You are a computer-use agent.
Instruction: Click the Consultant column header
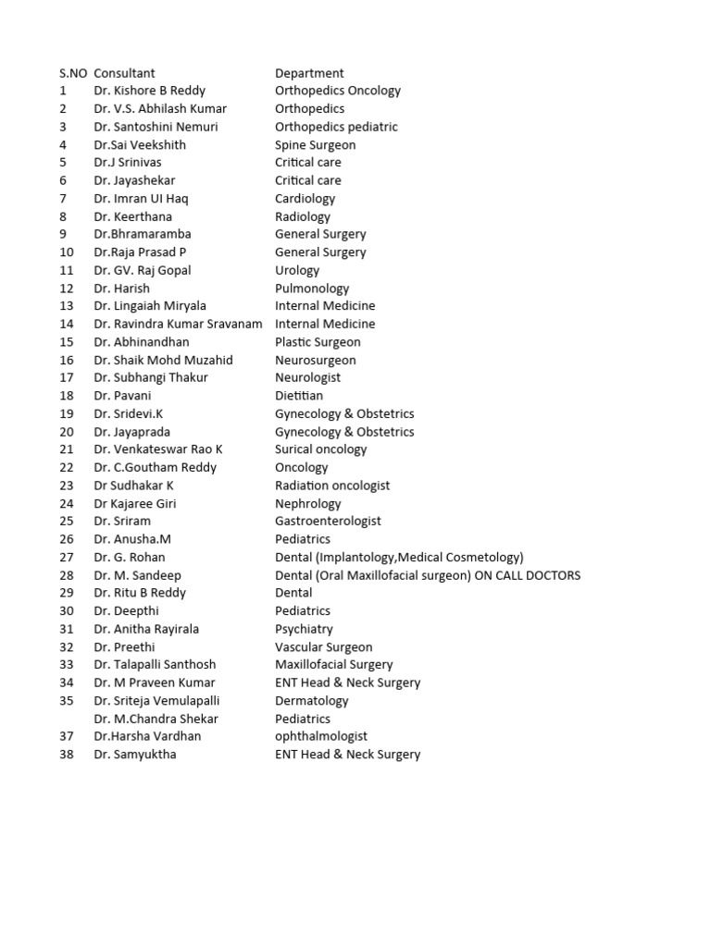(x=124, y=73)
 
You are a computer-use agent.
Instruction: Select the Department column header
(x=309, y=73)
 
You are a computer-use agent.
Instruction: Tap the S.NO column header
(x=73, y=73)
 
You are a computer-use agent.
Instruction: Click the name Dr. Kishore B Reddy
(x=149, y=91)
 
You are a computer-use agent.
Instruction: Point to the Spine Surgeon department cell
(x=315, y=144)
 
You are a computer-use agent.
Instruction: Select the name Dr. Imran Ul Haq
(x=143, y=198)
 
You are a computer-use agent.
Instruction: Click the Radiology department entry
(x=302, y=216)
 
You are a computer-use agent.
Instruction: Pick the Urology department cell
(x=297, y=270)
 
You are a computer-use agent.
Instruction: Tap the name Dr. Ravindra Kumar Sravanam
(x=178, y=324)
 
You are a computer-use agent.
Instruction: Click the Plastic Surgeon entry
(x=318, y=342)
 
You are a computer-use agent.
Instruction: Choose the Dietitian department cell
(x=299, y=396)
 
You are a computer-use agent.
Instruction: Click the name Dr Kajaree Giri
(x=134, y=503)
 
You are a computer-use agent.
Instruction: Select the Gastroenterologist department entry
(x=328, y=521)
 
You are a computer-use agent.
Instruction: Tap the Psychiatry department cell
(x=304, y=629)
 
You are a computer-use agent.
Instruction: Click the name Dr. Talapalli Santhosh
(x=155, y=664)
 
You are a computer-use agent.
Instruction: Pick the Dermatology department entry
(x=311, y=700)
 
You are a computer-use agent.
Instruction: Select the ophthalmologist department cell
(x=320, y=736)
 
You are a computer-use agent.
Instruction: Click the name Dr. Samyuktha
(x=134, y=754)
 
